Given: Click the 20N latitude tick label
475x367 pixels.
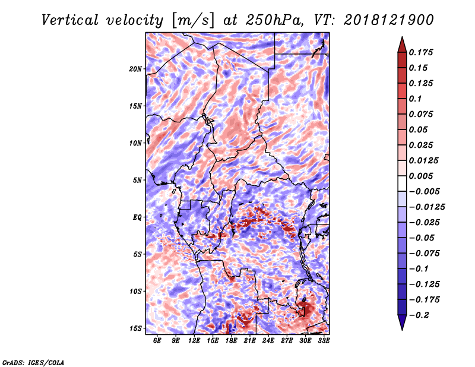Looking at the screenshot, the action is pyautogui.click(x=135, y=69).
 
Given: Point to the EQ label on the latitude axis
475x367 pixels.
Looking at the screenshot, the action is pyautogui.click(x=137, y=217).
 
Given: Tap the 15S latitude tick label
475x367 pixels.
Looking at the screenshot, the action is pyautogui.click(x=135, y=328).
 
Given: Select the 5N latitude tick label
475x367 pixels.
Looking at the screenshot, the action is pyautogui.click(x=137, y=181).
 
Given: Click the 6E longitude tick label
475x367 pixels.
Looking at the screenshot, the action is pyautogui.click(x=157, y=341).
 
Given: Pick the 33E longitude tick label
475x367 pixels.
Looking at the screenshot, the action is pyautogui.click(x=324, y=341).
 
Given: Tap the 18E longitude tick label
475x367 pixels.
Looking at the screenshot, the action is pyautogui.click(x=231, y=341).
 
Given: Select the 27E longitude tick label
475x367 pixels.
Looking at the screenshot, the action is pyautogui.click(x=287, y=341).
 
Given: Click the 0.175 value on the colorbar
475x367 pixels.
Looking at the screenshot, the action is pyautogui.click(x=421, y=52).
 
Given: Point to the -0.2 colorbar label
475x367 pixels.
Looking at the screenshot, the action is pyautogui.click(x=419, y=315).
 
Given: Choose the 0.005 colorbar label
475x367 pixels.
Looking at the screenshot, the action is pyautogui.click(x=421, y=176).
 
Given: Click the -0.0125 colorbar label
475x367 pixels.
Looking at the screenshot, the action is pyautogui.click(x=427, y=207).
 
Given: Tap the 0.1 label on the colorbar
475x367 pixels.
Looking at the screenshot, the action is pyautogui.click(x=415, y=99).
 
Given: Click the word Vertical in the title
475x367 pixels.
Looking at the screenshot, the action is pyautogui.click(x=70, y=20).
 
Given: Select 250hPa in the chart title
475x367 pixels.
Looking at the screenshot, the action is pyautogui.click(x=274, y=20).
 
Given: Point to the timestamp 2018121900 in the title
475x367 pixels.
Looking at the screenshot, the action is pyautogui.click(x=389, y=20).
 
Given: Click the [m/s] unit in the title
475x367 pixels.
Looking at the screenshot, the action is pyautogui.click(x=193, y=20).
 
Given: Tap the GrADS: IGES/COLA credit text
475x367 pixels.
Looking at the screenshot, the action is pyautogui.click(x=33, y=363).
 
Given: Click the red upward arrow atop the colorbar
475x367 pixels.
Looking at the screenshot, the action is pyautogui.click(x=402, y=45).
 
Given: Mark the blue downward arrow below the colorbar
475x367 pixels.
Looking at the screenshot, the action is pyautogui.click(x=402, y=322).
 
